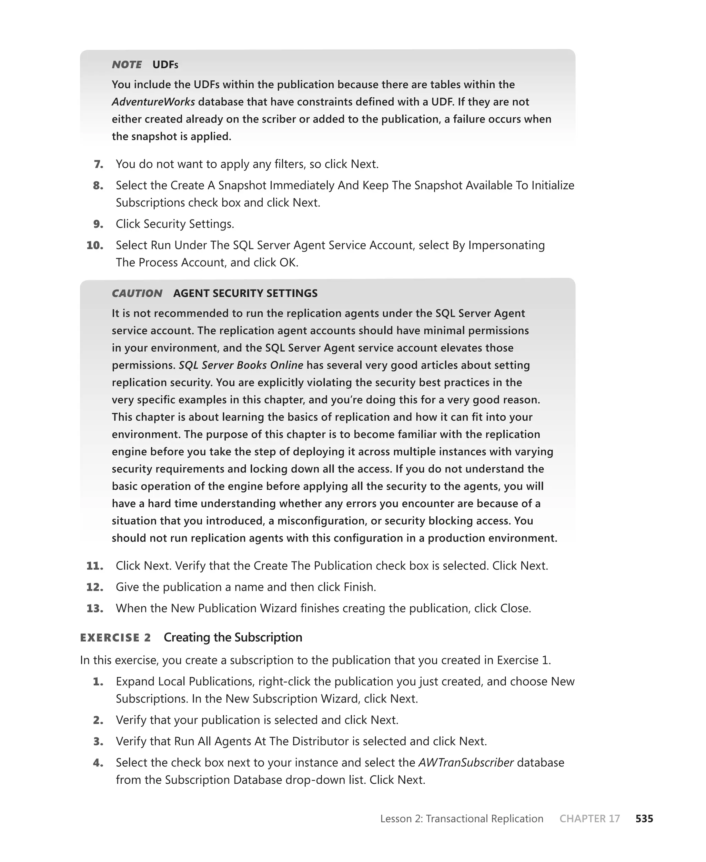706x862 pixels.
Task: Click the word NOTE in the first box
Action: click(127, 65)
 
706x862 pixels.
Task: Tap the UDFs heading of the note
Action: click(165, 65)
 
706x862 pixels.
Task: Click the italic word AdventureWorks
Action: click(153, 102)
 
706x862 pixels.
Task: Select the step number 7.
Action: click(98, 164)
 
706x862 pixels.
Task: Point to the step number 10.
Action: click(95, 245)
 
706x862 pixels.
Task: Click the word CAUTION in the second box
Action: click(137, 293)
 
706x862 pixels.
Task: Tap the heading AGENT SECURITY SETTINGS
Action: click(245, 293)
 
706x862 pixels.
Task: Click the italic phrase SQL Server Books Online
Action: click(241, 365)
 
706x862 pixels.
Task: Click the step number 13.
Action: click(95, 608)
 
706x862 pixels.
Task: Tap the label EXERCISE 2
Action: click(115, 638)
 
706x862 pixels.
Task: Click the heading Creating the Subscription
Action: click(233, 637)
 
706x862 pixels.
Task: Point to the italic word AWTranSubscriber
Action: click(466, 763)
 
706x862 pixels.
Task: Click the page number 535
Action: click(644, 819)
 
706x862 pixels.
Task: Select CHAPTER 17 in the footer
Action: click(590, 819)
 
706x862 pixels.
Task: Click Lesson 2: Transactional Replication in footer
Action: click(462, 819)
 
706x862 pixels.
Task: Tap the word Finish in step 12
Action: click(358, 587)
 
